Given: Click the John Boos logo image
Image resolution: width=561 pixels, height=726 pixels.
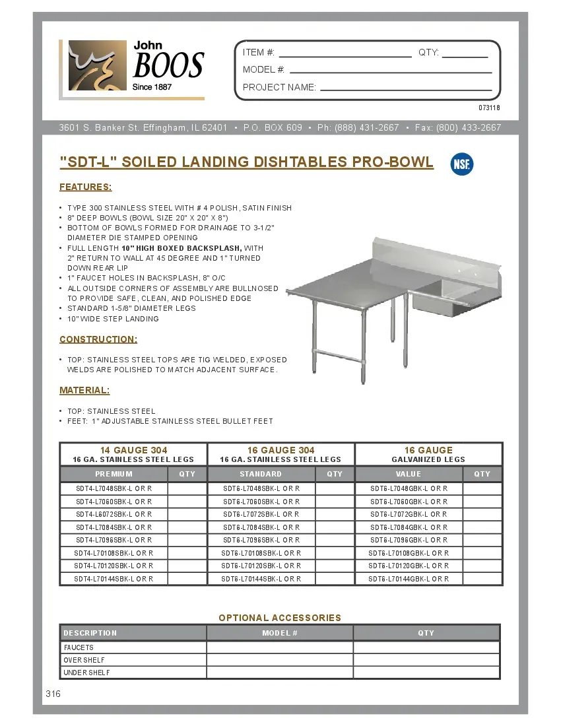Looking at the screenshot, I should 132,69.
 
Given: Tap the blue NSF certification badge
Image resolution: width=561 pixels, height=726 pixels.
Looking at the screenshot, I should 462,164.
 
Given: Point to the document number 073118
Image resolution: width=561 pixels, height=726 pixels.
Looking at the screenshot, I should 489,108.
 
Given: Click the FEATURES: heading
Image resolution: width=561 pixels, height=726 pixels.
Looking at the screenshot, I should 86,187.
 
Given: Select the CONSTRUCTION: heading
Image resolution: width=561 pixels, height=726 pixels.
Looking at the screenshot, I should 98,339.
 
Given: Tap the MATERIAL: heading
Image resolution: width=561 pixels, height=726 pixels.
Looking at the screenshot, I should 84,390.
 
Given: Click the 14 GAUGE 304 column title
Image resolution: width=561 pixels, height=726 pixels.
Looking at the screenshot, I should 133,450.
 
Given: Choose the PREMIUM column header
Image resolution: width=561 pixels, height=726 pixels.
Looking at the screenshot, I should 114,474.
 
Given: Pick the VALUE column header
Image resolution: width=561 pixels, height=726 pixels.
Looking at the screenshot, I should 409,474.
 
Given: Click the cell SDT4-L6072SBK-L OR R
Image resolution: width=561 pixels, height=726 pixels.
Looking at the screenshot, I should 114,514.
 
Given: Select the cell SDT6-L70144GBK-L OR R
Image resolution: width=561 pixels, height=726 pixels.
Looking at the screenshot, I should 409,579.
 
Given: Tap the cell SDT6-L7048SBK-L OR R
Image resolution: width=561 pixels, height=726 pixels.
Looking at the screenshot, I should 261,489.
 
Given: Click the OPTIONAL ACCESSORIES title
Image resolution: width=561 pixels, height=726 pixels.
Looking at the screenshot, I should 280,618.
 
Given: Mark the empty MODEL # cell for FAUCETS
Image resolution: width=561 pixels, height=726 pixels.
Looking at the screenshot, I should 280,647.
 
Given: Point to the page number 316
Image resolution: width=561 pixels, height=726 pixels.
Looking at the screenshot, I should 53,694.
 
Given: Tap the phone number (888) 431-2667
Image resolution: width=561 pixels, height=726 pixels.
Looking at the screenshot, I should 366,127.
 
